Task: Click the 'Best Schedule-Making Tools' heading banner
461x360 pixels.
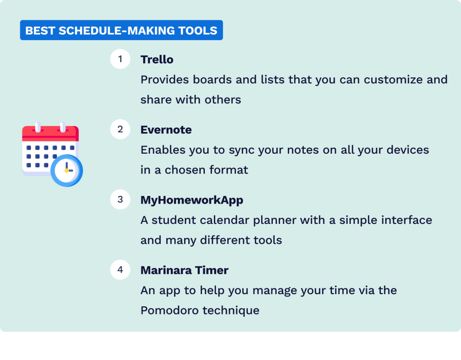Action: [121, 31]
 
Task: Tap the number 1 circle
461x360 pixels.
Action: [120, 59]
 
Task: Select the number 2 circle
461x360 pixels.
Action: [120, 129]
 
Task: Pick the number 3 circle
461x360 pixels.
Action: [120, 200]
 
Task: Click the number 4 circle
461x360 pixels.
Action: [120, 270]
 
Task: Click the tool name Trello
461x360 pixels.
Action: [157, 59]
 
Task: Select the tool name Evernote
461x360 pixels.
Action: [166, 130]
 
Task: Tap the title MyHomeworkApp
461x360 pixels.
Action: [192, 200]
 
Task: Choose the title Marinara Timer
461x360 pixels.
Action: [185, 270]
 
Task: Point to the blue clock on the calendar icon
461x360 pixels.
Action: [67, 170]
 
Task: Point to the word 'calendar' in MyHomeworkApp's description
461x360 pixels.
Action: [235, 220]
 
